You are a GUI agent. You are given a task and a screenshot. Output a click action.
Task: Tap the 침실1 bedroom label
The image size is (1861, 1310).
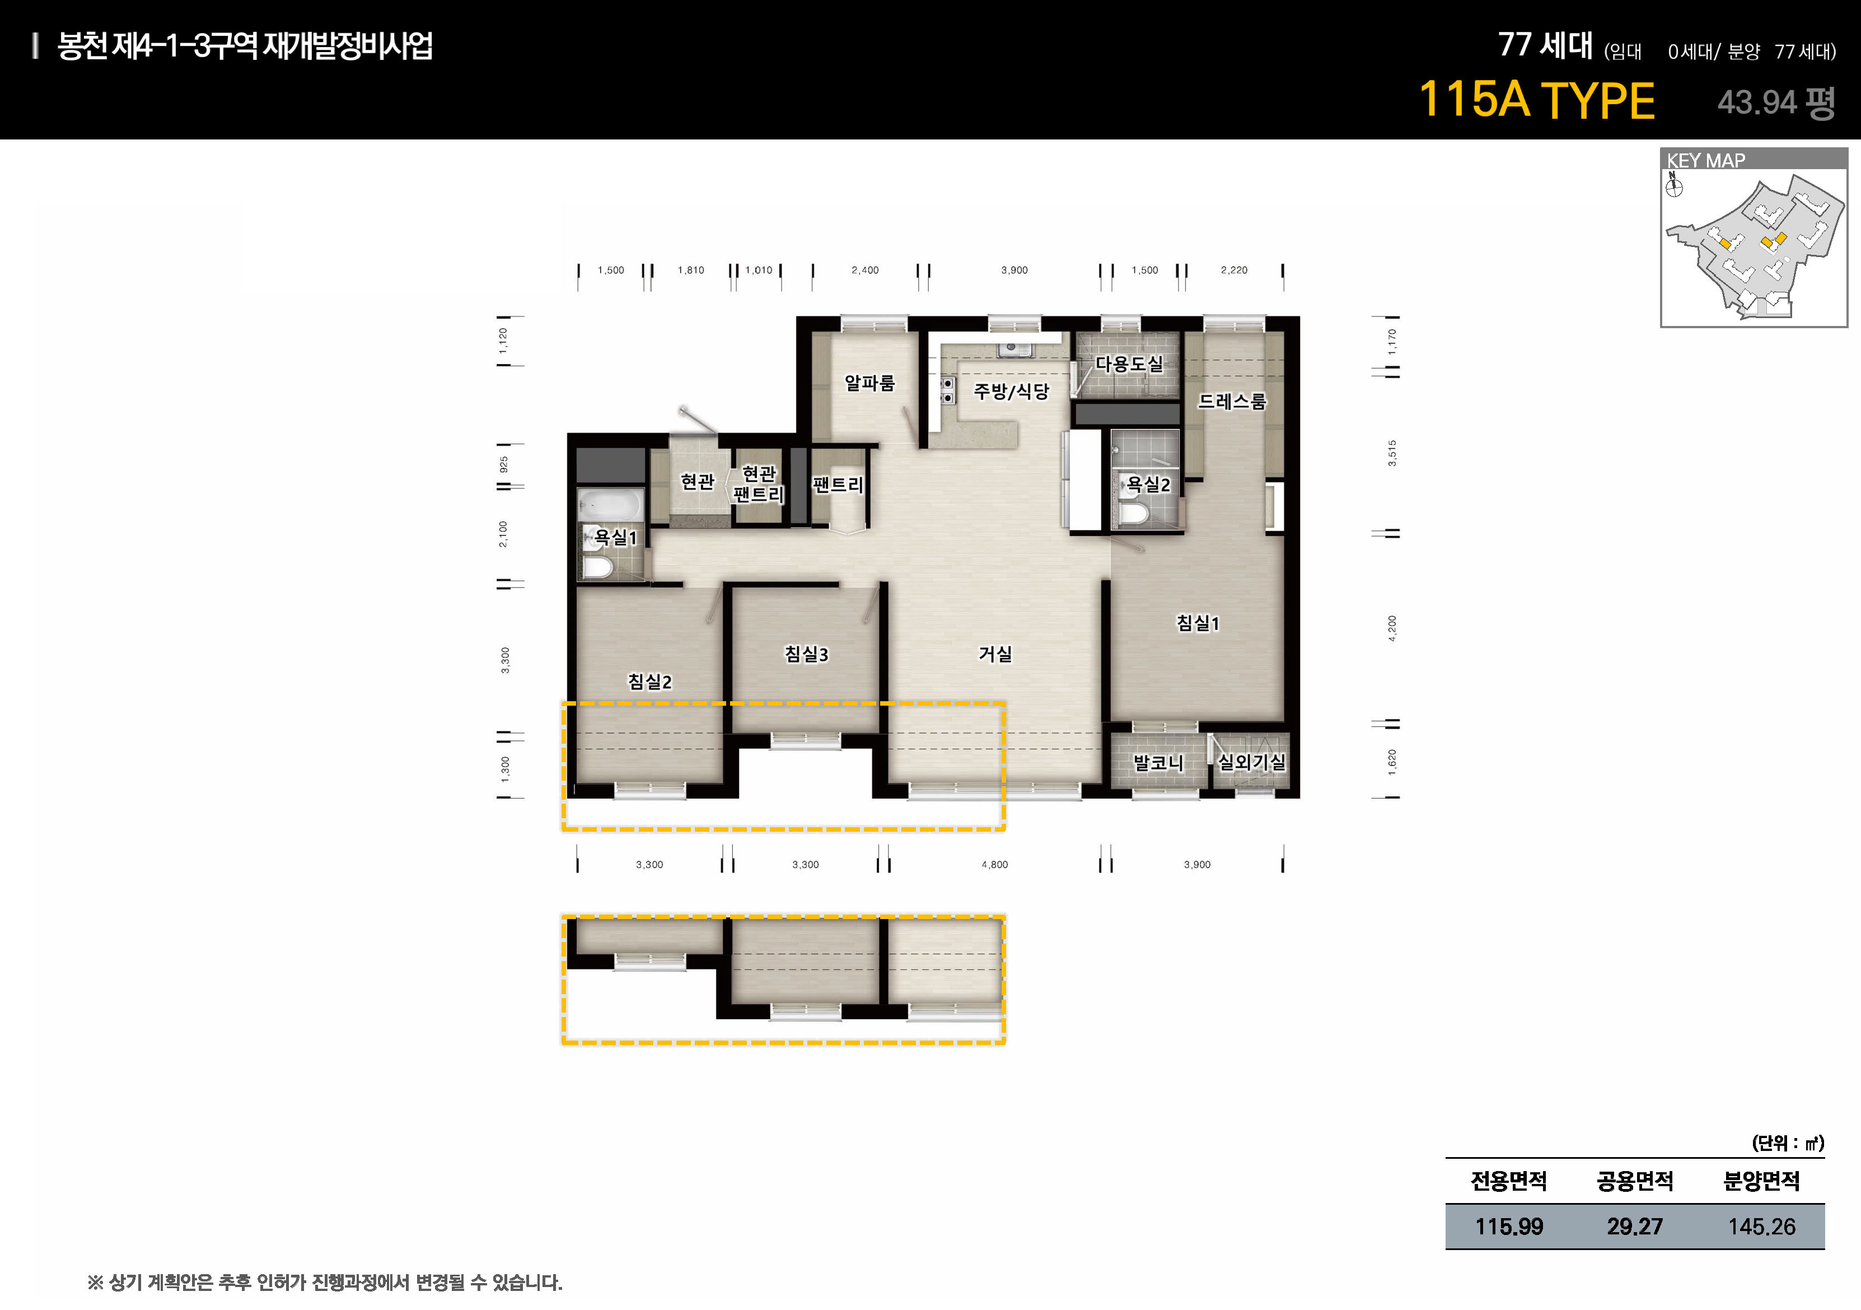(1198, 623)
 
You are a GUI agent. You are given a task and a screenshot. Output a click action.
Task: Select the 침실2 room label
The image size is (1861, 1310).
(649, 682)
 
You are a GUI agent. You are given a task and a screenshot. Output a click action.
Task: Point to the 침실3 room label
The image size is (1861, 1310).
(806, 654)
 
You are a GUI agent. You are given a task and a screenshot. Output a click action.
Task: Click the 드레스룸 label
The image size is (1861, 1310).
(1232, 401)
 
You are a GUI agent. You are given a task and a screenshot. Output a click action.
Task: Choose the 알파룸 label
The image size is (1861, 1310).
(869, 383)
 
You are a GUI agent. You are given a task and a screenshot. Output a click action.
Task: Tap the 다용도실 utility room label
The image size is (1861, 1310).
(1129, 364)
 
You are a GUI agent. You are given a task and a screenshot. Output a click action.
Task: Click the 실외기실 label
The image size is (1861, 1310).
(1251, 762)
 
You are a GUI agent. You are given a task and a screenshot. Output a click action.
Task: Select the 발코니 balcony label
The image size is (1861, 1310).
(1158, 763)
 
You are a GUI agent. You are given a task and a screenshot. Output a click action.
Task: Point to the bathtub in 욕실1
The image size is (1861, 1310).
(610, 504)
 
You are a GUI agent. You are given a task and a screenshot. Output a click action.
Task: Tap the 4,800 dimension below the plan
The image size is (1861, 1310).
(994, 865)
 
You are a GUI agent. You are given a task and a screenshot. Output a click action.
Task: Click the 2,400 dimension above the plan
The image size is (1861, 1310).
(865, 270)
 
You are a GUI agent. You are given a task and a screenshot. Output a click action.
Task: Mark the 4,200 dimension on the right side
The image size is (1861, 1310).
(1392, 628)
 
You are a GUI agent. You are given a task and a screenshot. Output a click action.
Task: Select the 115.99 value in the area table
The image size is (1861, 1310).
(1509, 1227)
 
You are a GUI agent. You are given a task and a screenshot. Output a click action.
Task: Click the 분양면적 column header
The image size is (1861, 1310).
(1761, 1181)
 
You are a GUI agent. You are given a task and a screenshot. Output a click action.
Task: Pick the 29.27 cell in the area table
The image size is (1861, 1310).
(1635, 1227)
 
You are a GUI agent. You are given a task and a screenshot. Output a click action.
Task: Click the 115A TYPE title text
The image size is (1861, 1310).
(1537, 100)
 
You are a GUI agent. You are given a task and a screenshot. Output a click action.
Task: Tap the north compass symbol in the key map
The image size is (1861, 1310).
(1674, 187)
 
